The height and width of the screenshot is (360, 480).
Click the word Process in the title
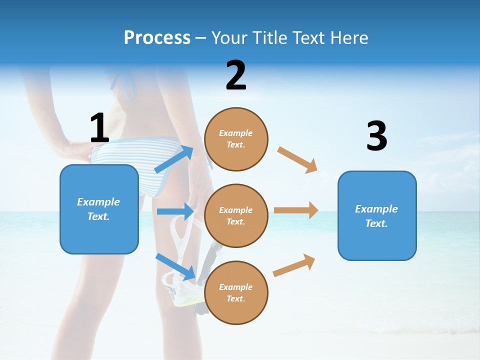(157, 38)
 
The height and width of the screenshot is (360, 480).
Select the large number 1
(99, 128)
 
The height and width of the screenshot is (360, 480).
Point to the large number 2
(236, 75)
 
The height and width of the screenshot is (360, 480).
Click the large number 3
(376, 136)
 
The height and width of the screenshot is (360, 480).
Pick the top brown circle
(236, 139)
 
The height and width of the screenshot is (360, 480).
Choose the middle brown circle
(236, 215)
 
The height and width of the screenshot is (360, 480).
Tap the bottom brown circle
(236, 292)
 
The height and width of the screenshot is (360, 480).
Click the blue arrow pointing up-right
(174, 159)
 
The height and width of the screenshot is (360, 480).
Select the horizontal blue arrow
(175, 211)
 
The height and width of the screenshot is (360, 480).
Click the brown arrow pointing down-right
(297, 159)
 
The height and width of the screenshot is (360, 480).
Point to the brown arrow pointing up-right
(294, 265)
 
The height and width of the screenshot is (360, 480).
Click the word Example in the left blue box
(98, 202)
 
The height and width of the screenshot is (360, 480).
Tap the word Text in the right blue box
(376, 223)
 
